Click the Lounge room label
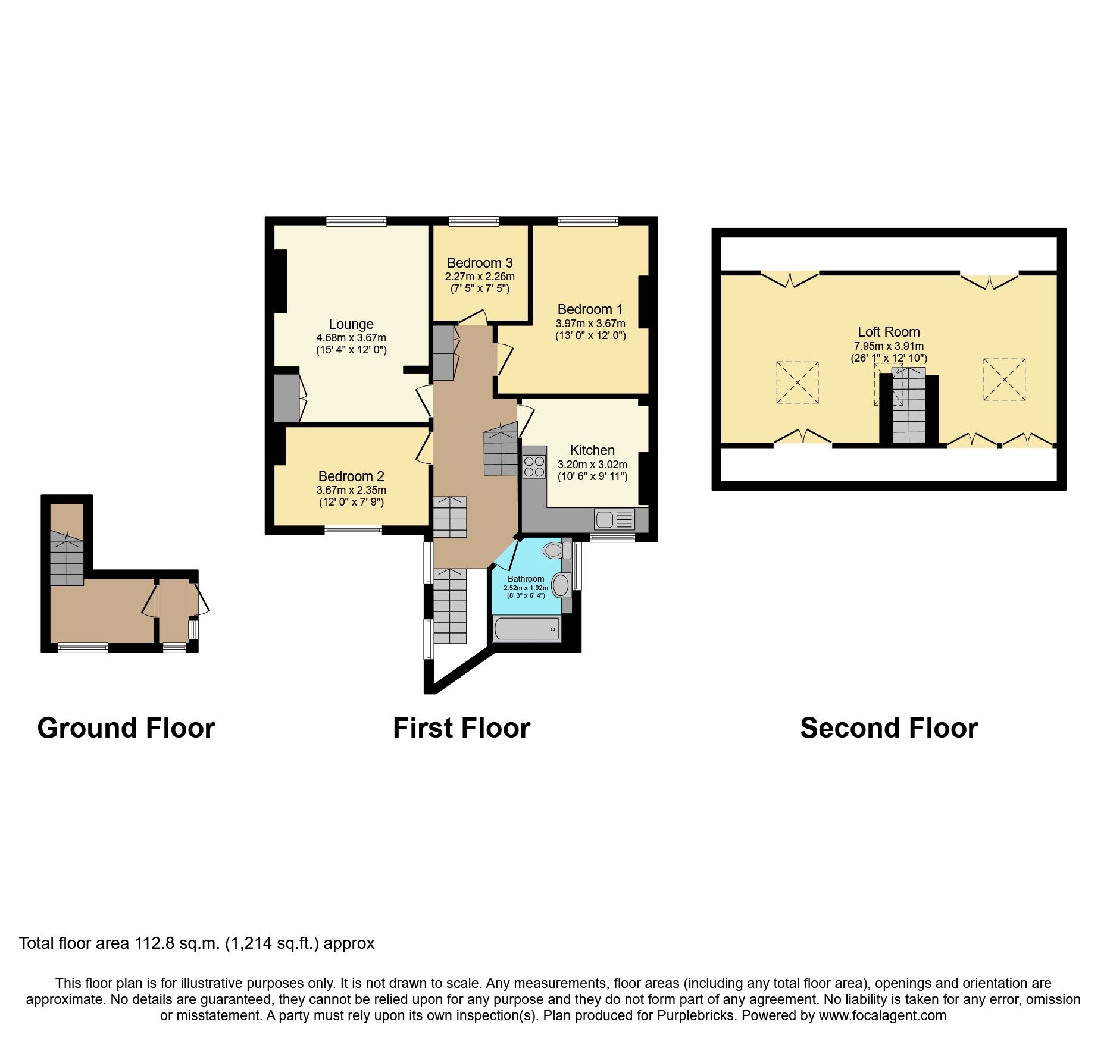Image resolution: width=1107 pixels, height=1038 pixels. [351, 324]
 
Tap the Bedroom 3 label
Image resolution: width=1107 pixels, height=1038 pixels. [480, 263]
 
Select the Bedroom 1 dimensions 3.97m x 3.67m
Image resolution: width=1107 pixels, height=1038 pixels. [590, 324]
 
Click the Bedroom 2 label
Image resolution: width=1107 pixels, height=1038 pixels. [351, 476]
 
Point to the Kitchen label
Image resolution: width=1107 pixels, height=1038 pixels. [592, 450]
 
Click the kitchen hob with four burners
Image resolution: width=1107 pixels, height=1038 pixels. [534, 466]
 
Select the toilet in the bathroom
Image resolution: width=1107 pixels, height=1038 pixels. [554, 550]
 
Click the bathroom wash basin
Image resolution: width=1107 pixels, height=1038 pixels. [561, 585]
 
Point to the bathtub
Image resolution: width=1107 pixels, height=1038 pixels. [526, 629]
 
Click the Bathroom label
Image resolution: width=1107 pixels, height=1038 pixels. [526, 579]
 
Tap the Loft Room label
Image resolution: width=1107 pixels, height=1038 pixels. [889, 332]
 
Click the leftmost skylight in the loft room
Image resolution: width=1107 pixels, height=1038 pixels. [797, 382]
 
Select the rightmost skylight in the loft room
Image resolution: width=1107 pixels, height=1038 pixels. [1004, 380]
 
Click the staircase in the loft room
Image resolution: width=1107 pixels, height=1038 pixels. [909, 410]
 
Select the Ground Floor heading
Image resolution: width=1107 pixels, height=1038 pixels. [126, 728]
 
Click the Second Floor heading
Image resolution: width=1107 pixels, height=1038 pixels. [889, 728]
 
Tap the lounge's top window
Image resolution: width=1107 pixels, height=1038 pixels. [357, 221]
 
